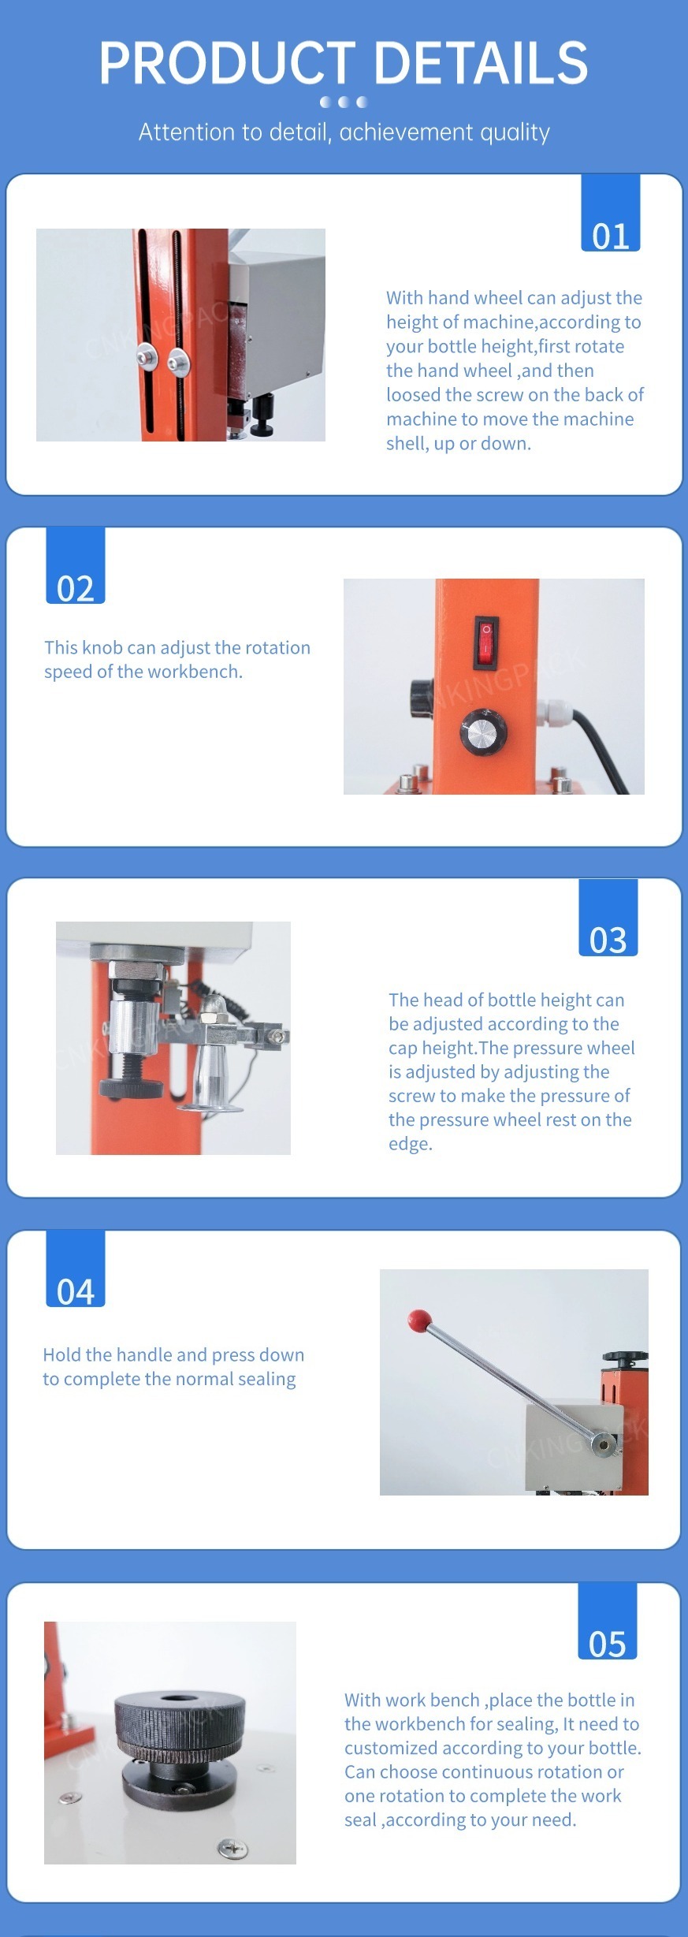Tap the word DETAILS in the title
tap(482, 63)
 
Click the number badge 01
tap(611, 213)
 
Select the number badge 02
tap(76, 565)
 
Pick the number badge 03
tap(608, 918)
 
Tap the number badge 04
tap(76, 1268)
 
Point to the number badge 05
tap(608, 1621)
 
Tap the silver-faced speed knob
tap(483, 732)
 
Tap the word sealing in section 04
tap(266, 1380)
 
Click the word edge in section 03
tap(410, 1144)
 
